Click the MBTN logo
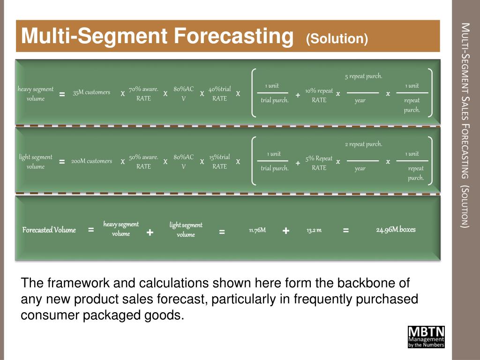[426, 337]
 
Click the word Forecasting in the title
[231, 36]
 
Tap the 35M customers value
[91, 92]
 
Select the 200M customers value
[91, 161]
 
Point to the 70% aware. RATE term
[143, 94]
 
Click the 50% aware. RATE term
[143, 162]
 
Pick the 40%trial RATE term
[219, 94]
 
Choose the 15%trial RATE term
[219, 162]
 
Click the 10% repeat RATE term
[319, 95]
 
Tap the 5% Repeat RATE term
[319, 163]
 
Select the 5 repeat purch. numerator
[363, 76]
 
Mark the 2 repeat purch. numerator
[363, 144]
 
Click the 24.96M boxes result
[396, 230]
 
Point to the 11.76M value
[257, 230]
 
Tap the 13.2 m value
[314, 230]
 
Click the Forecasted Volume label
[49, 230]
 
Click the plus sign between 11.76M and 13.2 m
[286, 231]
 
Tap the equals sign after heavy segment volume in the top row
[62, 95]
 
